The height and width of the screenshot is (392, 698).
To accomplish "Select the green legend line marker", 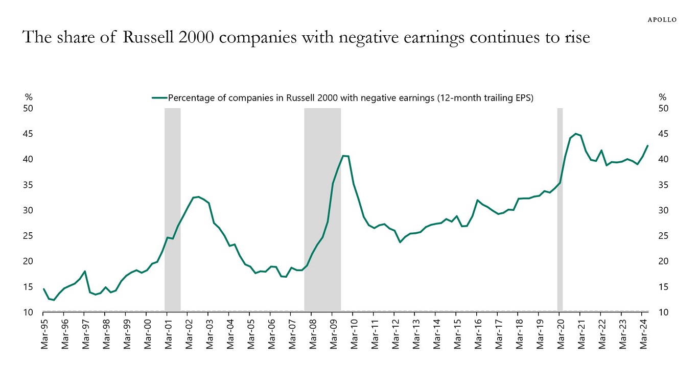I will [x=159, y=98].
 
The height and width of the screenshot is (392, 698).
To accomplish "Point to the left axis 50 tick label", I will [x=28, y=108].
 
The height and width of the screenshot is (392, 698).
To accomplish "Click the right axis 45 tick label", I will [x=664, y=134].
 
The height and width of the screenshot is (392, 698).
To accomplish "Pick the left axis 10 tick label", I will [x=28, y=312].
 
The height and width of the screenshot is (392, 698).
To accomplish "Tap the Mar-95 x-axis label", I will [x=44, y=334].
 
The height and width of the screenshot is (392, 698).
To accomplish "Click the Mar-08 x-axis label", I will [x=313, y=334].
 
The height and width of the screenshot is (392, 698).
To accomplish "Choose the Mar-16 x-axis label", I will [x=478, y=334].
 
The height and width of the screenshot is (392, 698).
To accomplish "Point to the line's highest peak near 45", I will [x=576, y=134].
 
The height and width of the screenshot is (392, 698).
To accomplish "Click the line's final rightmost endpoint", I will [x=647, y=146].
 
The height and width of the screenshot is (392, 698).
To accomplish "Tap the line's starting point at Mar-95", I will [x=44, y=289].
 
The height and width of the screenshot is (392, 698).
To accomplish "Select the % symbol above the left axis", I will [x=29, y=97].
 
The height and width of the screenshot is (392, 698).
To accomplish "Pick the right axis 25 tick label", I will [x=664, y=236].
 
